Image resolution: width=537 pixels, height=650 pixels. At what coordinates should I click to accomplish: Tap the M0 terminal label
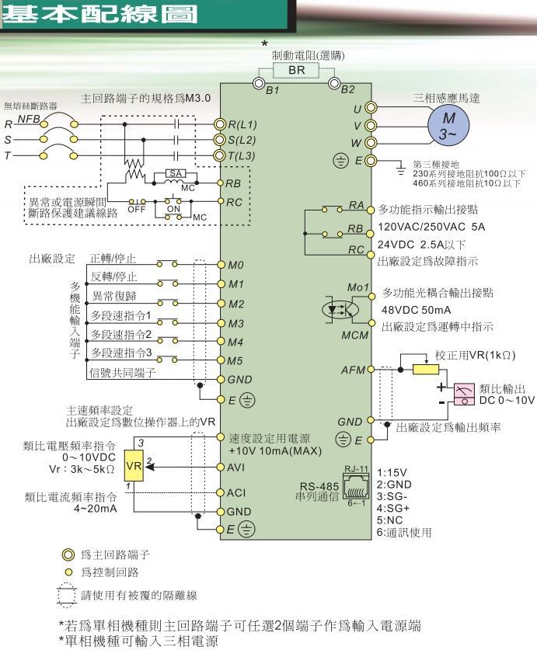(235, 265)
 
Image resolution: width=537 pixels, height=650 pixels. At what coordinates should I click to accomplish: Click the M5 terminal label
(235, 360)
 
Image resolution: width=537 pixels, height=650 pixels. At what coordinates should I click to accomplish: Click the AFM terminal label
(352, 369)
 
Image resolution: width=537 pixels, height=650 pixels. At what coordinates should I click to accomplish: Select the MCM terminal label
(353, 336)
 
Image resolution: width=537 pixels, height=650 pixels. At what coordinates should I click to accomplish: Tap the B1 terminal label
(272, 91)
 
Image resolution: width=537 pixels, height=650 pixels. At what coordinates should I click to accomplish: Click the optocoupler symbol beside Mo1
(340, 308)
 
